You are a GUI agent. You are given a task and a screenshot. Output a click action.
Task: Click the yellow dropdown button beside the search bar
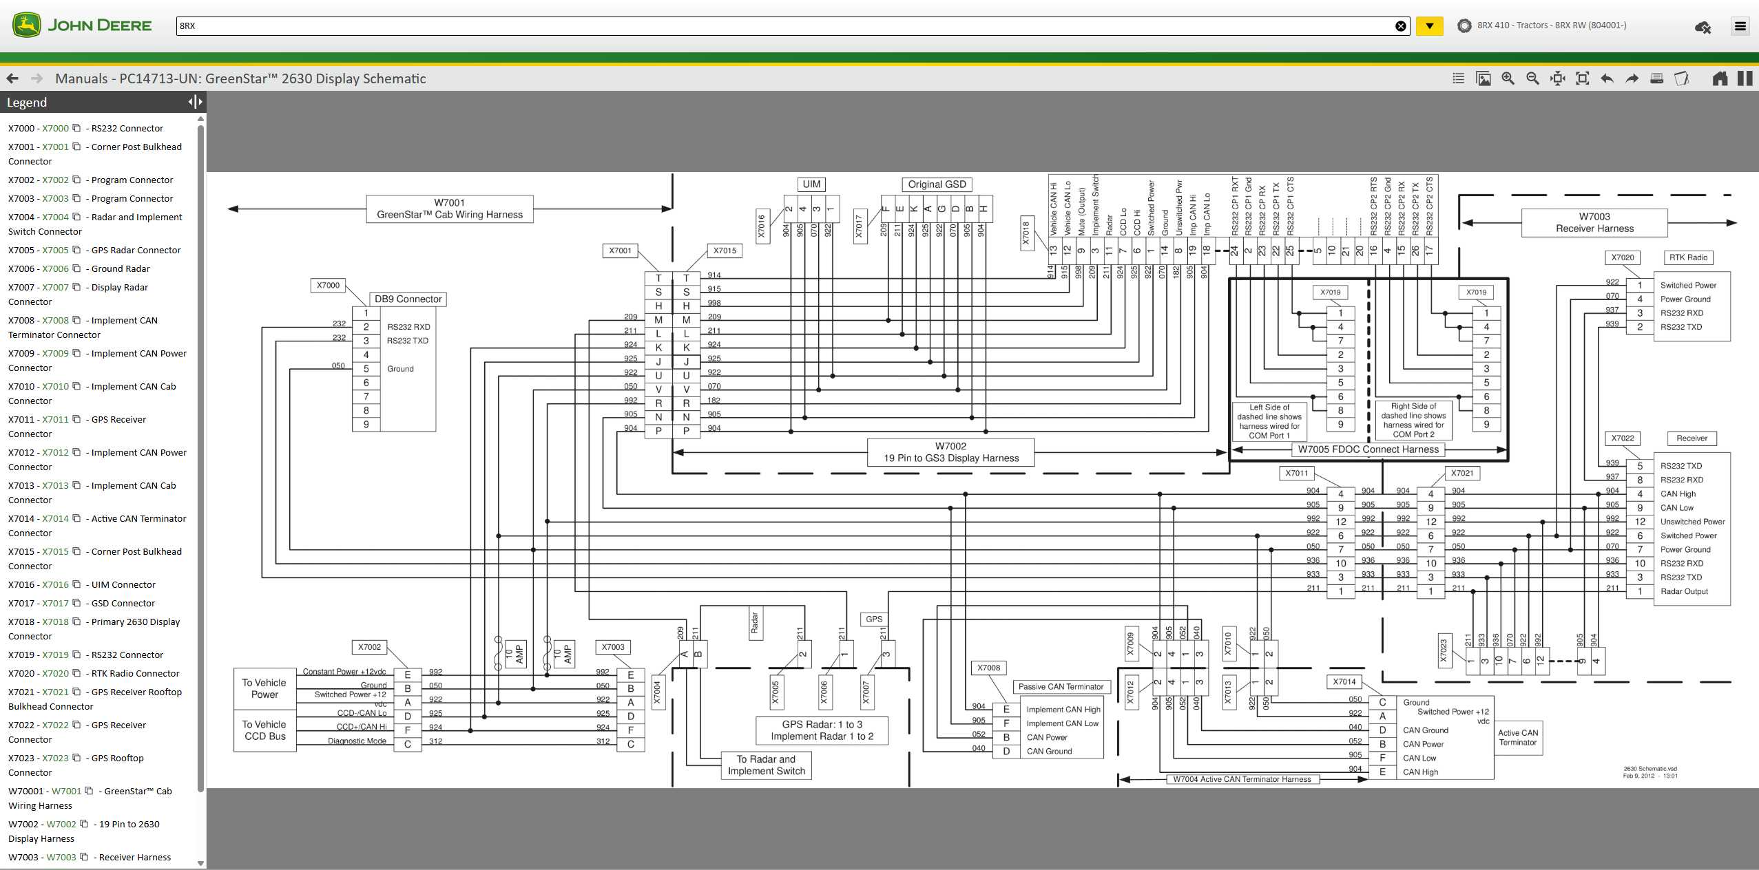(1429, 26)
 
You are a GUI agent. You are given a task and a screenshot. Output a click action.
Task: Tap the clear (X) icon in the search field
(1400, 26)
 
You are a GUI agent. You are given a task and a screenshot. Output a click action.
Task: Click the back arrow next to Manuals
(12, 78)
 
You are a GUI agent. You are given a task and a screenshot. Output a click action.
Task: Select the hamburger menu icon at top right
(1740, 26)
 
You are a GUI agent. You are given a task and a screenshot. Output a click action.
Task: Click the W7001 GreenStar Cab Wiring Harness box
(450, 209)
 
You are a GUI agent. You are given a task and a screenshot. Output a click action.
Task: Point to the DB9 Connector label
(408, 299)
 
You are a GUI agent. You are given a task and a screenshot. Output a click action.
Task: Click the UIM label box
(811, 184)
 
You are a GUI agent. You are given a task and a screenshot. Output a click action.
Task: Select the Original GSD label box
(937, 184)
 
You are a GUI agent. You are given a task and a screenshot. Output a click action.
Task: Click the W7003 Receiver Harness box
(1594, 222)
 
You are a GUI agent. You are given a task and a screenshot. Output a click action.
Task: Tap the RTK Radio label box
(1688, 257)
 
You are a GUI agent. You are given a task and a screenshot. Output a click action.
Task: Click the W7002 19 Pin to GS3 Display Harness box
(950, 452)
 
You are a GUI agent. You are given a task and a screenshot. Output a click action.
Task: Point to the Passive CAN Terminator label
(1061, 686)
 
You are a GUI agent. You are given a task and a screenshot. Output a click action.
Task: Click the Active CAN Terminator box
(1517, 737)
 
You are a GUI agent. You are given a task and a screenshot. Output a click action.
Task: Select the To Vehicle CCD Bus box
(264, 730)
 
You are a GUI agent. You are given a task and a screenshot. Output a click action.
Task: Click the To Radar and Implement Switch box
(766, 765)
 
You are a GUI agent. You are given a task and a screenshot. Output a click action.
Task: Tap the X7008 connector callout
(988, 668)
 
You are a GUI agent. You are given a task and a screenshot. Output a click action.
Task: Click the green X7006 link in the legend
(55, 268)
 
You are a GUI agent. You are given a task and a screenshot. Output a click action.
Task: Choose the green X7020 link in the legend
(55, 673)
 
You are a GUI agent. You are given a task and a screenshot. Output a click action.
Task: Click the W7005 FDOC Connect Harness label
(1368, 449)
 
